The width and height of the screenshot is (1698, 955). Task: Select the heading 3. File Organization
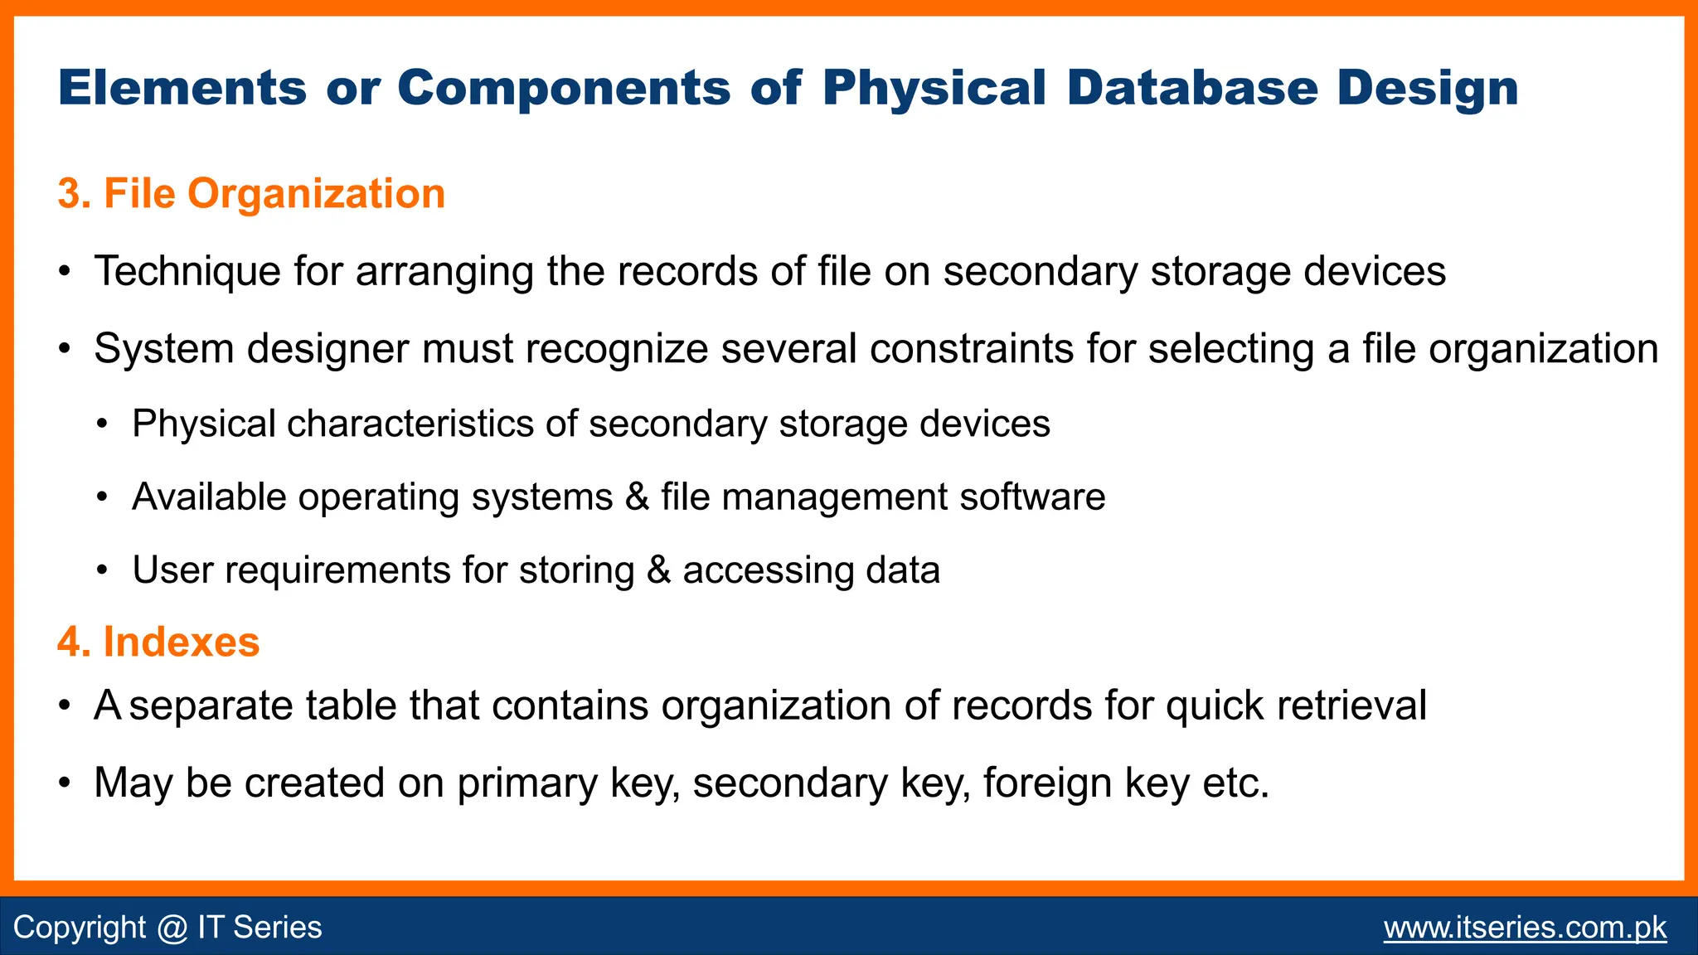(x=251, y=194)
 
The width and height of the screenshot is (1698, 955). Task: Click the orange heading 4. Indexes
(x=158, y=642)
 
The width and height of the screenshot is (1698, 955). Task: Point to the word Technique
(x=187, y=272)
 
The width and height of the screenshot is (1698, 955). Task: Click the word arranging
(x=444, y=272)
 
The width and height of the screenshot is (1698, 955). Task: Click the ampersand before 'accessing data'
(x=658, y=570)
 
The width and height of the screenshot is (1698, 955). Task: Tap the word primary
(x=526, y=783)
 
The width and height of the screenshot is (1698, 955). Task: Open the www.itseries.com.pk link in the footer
(x=1525, y=927)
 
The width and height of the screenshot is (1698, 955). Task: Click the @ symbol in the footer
(x=172, y=927)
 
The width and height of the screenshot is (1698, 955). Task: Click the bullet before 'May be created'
(x=65, y=783)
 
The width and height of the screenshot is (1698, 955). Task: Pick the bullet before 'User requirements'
(x=102, y=570)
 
